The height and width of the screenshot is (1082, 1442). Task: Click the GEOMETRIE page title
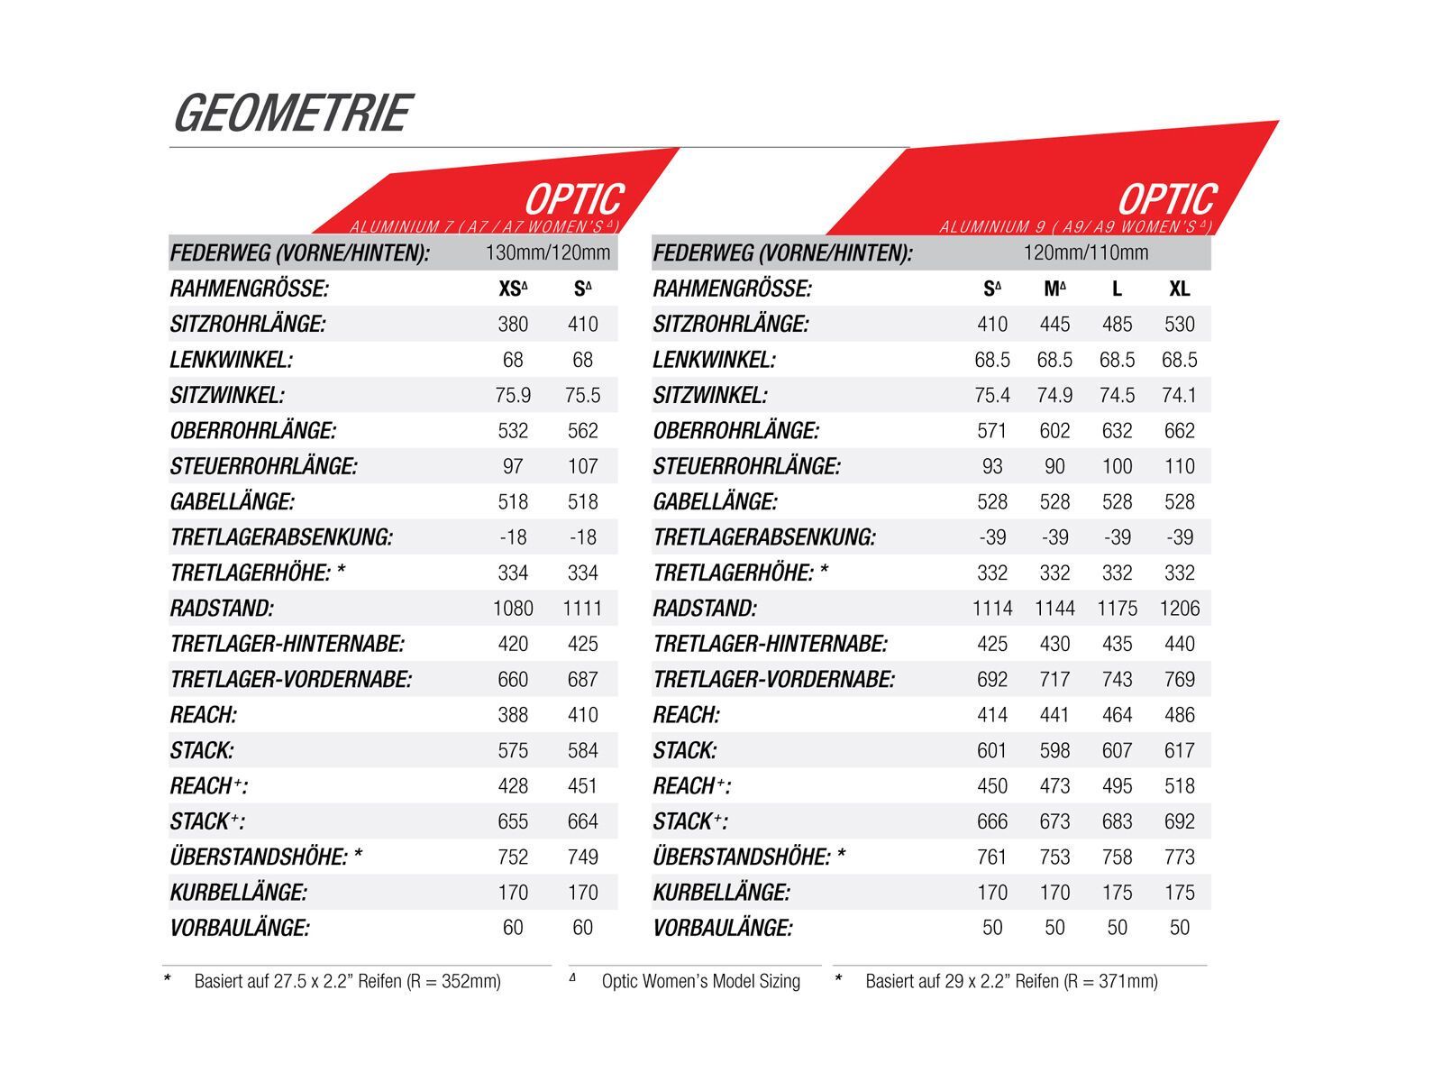[x=291, y=114]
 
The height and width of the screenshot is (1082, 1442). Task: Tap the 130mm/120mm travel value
[x=547, y=252]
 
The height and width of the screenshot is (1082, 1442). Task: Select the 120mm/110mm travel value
[x=1085, y=252]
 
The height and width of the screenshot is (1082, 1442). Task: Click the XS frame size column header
[x=512, y=289]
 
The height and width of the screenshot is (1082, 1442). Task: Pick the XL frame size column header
[x=1179, y=289]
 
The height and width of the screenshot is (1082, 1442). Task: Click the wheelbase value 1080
[x=512, y=609]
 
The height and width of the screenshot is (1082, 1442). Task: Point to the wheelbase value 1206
[x=1179, y=609]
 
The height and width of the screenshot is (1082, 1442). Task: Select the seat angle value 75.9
[x=512, y=395]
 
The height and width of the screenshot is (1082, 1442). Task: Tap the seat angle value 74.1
[x=1179, y=395]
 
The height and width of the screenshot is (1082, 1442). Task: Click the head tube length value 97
[x=512, y=466]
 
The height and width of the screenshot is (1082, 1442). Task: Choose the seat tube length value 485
[x=1117, y=324]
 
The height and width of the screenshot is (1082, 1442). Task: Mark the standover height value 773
[x=1179, y=857]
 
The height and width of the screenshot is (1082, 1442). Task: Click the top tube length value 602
[x=1054, y=431]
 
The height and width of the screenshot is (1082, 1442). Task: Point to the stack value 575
[x=512, y=750]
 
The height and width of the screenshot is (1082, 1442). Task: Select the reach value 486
[x=1179, y=715]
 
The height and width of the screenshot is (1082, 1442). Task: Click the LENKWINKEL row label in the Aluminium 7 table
[x=231, y=360]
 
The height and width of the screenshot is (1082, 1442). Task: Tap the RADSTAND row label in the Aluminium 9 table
[x=704, y=609]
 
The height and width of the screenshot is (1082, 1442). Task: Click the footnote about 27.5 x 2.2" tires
[x=347, y=981]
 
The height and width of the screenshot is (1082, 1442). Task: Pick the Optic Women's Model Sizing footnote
[x=700, y=981]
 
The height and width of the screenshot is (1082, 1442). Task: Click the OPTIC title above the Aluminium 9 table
[x=1166, y=199]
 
